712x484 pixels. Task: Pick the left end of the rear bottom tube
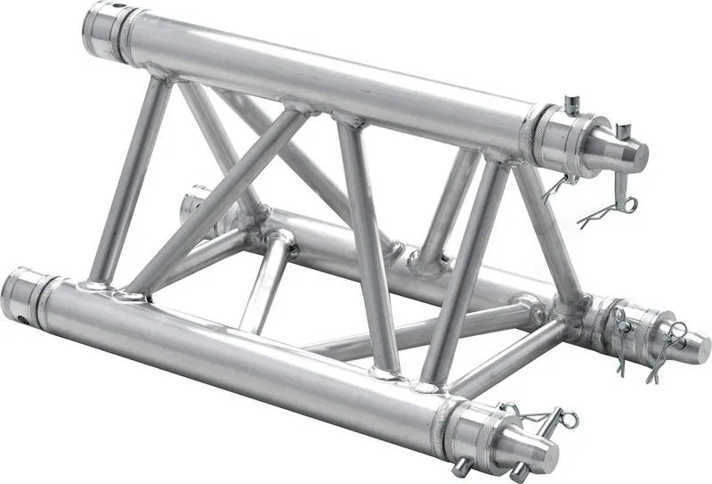[190, 205]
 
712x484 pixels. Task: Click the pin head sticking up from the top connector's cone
[623, 132]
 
